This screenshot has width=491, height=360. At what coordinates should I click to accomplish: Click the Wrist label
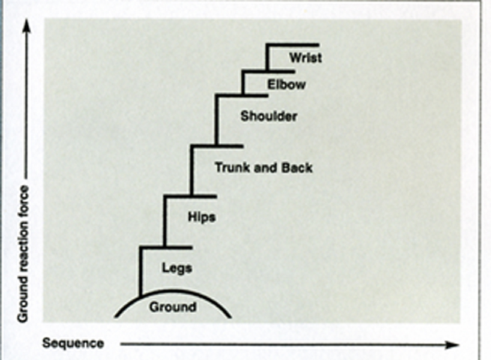305,58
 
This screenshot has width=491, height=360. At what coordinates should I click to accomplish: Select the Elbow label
286,85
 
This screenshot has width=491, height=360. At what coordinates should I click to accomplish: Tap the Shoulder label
268,116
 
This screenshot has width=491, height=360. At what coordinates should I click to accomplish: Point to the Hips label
202,217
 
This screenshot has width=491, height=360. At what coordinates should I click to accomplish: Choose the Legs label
176,268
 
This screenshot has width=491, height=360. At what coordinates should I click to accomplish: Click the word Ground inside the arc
172,307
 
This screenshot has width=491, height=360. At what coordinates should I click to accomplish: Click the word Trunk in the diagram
231,168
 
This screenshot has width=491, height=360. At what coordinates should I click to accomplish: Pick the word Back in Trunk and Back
297,168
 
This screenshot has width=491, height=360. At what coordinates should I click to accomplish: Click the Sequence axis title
73,344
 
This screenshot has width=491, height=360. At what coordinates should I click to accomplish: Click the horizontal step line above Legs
166,247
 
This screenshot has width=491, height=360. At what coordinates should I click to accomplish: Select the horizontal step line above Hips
190,196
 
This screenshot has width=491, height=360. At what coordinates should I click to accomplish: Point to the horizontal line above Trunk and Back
217,146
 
